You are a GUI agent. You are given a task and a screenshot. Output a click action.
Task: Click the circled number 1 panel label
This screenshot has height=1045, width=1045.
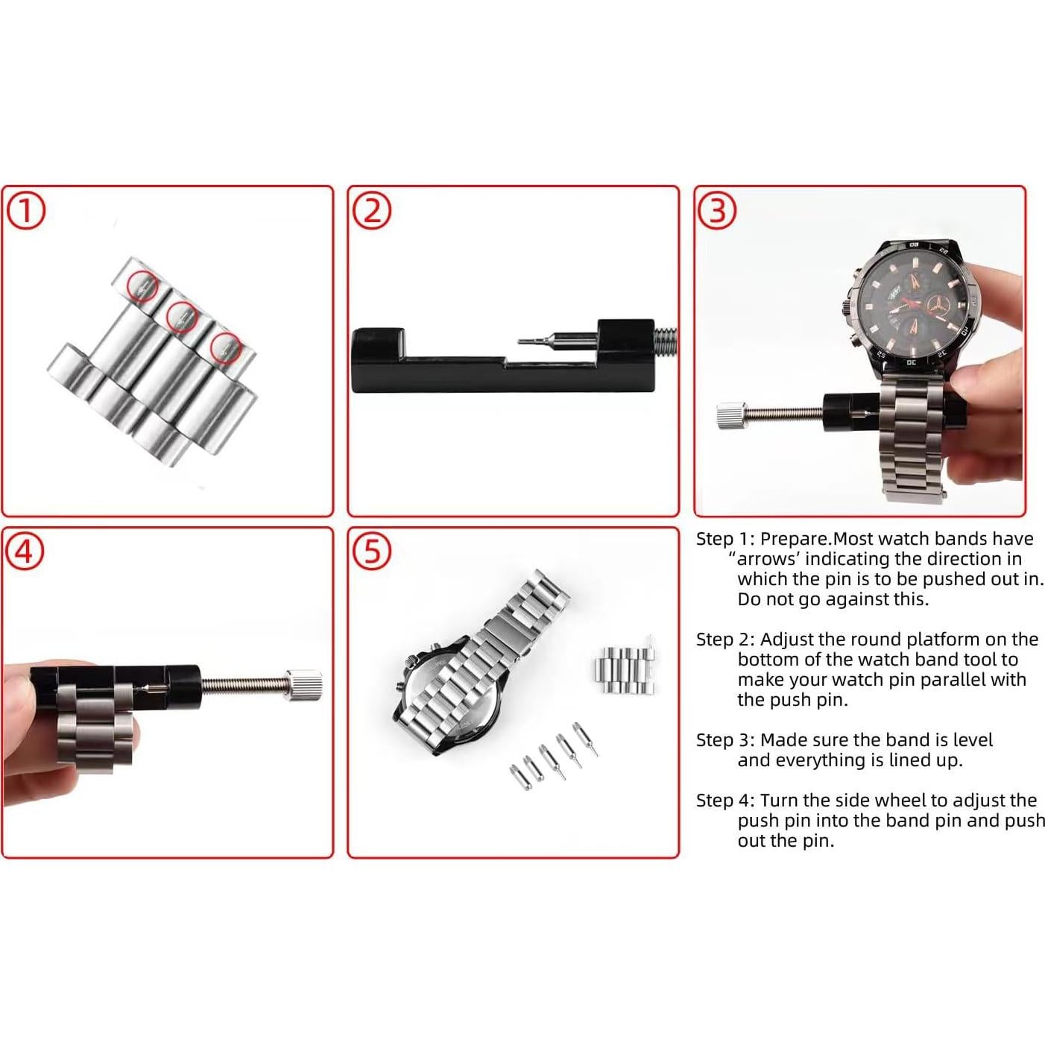[26, 212]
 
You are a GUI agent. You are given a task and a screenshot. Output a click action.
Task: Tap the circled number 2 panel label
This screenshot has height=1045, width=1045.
[372, 211]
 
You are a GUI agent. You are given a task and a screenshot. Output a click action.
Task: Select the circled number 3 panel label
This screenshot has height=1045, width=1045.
[716, 211]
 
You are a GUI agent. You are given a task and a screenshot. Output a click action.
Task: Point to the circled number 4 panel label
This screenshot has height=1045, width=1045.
[25, 552]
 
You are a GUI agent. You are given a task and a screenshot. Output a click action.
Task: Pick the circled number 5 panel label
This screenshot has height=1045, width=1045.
[372, 552]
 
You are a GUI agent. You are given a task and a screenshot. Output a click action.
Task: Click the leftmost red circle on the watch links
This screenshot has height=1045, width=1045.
[142, 285]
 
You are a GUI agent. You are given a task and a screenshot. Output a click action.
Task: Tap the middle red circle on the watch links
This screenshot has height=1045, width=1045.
[181, 317]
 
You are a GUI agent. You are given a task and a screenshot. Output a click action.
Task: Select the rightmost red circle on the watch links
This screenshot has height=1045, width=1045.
[225, 347]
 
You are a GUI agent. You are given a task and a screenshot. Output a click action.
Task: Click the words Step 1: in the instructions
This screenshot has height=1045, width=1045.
[725, 539]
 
